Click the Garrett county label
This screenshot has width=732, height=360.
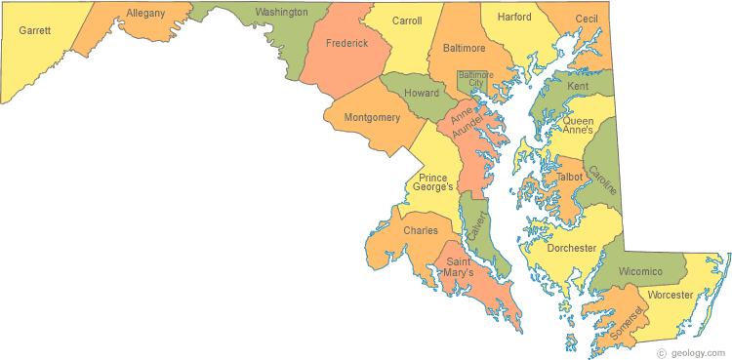[x=34, y=30]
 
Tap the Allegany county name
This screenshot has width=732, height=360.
[x=145, y=14]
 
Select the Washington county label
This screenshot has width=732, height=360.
[x=280, y=13]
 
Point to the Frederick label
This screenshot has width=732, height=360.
[x=347, y=44]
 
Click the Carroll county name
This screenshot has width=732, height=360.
[x=406, y=20]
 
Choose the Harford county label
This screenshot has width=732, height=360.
[x=513, y=18]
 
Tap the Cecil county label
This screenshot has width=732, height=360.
[x=587, y=19]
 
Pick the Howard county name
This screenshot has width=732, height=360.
[x=422, y=94]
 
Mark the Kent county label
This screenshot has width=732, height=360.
[x=578, y=87]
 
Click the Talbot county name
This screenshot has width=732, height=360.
[x=569, y=178]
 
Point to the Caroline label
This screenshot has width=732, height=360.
[x=603, y=180]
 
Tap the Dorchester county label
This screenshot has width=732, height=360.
[x=571, y=249]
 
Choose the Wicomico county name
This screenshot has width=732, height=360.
[x=640, y=270]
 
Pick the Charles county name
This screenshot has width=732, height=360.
[x=421, y=231]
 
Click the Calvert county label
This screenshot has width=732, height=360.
[x=475, y=227]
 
